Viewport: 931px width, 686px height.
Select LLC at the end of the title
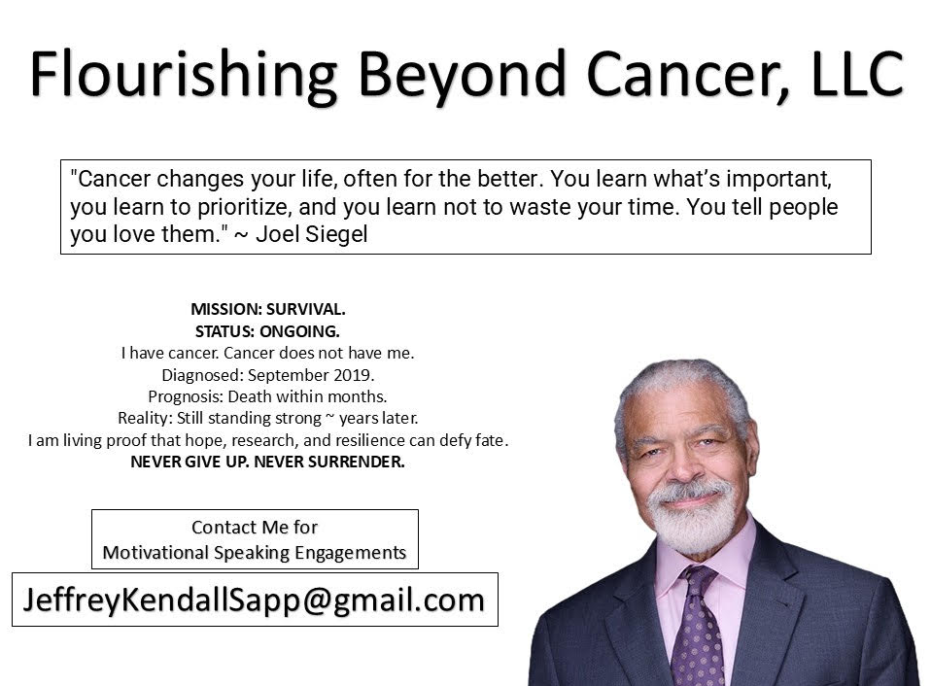pos(848,73)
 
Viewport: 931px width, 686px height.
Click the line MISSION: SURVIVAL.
pos(267,310)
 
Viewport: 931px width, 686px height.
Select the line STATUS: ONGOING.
pos(267,331)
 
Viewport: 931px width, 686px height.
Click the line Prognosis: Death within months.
pos(267,396)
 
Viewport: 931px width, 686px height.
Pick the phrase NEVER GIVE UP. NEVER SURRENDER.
pos(267,463)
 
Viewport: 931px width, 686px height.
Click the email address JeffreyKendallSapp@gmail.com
pos(254,600)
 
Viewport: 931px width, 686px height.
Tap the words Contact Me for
pos(255,528)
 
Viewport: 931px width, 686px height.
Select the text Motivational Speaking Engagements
pos(255,553)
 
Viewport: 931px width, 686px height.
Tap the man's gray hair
pos(680,381)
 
